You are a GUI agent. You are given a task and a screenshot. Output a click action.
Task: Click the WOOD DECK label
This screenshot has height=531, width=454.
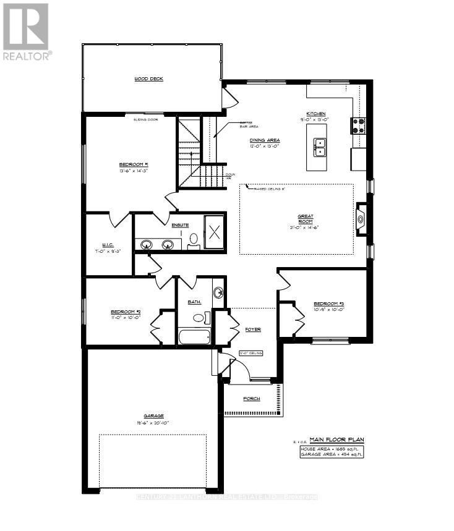(x=148, y=79)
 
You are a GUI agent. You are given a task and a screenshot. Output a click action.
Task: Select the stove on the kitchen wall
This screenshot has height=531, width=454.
(x=358, y=125)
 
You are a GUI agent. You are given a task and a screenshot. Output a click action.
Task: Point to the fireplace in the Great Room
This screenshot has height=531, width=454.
(x=361, y=218)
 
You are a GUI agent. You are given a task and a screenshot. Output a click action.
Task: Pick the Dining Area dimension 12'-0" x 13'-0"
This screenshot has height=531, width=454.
(x=265, y=147)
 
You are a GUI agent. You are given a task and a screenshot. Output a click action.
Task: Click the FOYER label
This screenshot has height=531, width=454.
(x=252, y=329)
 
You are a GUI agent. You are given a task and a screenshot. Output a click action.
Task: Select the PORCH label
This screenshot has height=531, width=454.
(x=251, y=399)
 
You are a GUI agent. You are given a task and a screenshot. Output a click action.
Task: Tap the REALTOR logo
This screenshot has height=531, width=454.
(x=26, y=30)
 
